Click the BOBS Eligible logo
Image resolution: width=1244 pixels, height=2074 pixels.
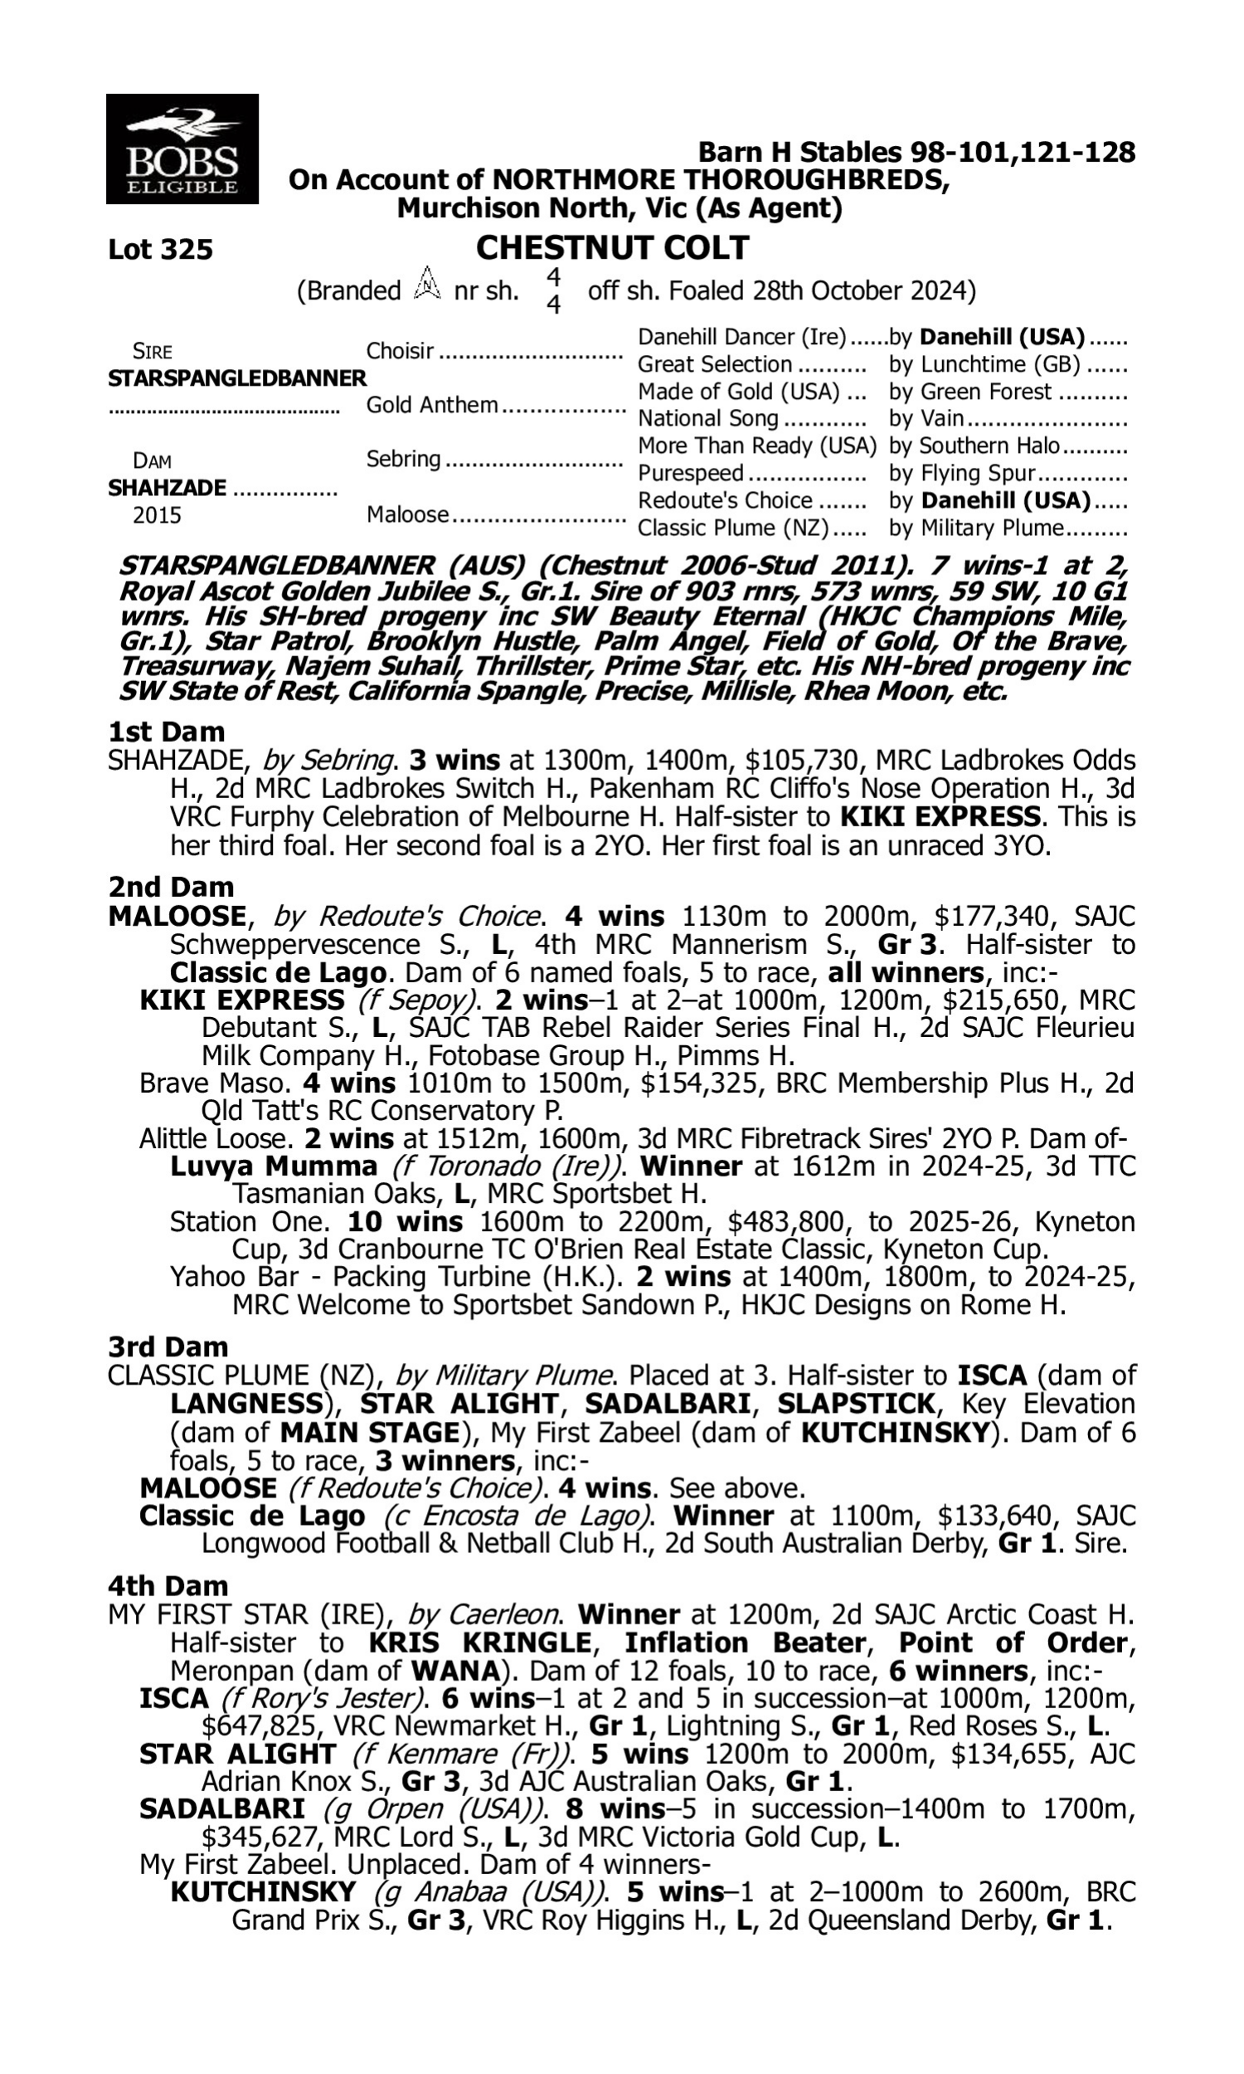182,148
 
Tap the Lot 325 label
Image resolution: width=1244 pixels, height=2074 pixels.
160,250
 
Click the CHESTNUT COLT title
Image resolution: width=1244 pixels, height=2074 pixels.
612,248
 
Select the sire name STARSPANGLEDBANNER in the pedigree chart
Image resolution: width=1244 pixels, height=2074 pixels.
237,378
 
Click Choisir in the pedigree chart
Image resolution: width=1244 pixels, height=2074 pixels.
400,350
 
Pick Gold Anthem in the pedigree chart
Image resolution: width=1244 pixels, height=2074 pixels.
433,405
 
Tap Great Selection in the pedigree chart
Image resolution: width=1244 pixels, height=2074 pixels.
715,365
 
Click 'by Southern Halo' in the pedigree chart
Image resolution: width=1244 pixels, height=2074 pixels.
974,446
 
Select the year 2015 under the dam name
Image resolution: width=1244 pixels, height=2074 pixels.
157,514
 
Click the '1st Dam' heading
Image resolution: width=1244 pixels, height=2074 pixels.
166,732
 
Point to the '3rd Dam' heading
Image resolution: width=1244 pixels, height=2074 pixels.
168,1347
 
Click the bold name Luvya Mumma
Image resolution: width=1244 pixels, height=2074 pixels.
274,1166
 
